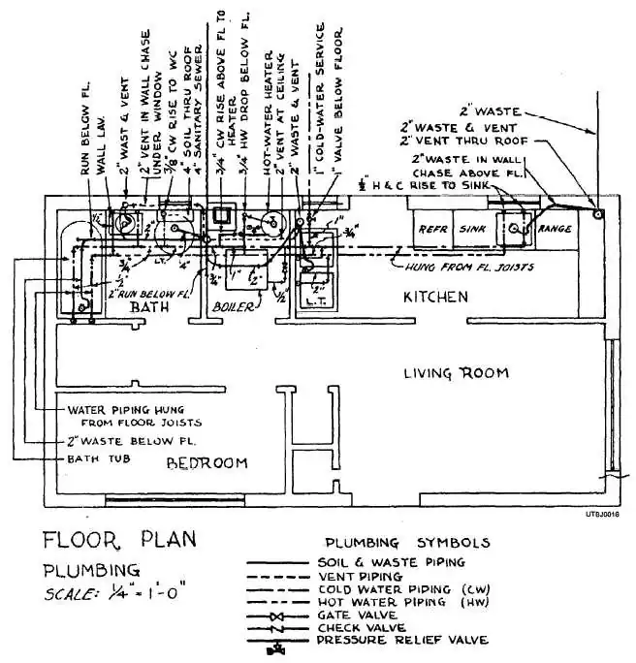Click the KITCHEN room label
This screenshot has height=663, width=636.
tap(436, 297)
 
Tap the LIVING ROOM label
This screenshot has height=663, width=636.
tap(457, 373)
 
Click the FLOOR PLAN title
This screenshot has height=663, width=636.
tap(119, 539)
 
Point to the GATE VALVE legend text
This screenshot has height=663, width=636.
tap(353, 615)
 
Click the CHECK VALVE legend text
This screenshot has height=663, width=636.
tap(358, 627)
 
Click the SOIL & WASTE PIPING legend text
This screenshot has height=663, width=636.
tap(390, 561)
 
